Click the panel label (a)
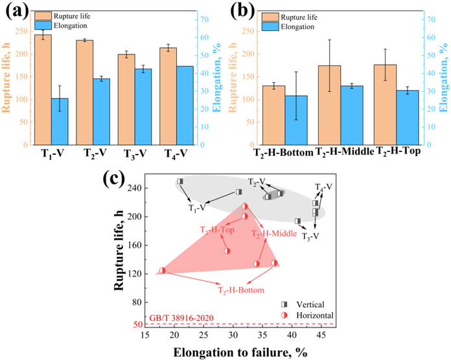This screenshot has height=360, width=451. pyautogui.click(x=15, y=12)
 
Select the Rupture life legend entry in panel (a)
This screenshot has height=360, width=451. pyautogui.click(x=72, y=15)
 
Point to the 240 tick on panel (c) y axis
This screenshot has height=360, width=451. pyautogui.click(x=149, y=188)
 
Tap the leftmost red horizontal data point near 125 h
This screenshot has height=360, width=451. pyautogui.click(x=163, y=271)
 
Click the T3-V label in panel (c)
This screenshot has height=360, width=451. pyautogui.click(x=310, y=236)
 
